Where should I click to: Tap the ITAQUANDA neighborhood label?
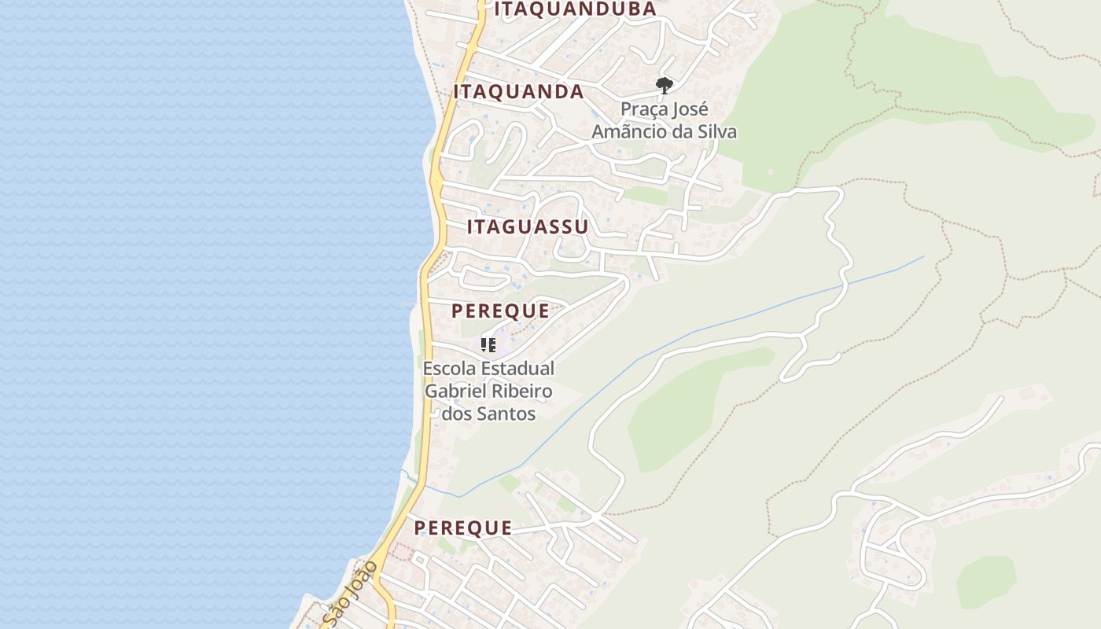pyautogui.click(x=518, y=92)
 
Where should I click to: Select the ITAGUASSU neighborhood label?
pyautogui.click(x=527, y=227)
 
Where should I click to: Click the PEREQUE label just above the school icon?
pyautogui.click(x=500, y=311)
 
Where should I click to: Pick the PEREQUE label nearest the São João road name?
pyautogui.click(x=463, y=528)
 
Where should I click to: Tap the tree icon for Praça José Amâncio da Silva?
pyautogui.click(x=665, y=85)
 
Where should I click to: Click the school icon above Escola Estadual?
pyautogui.click(x=488, y=344)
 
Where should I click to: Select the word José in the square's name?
pyautogui.click(x=693, y=109)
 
